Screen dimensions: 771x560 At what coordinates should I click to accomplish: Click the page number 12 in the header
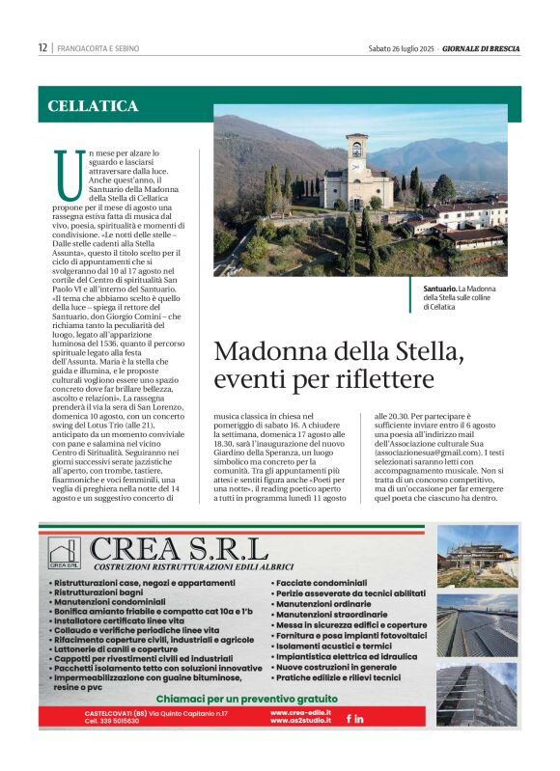42,47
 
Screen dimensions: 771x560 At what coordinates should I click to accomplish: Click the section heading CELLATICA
93,106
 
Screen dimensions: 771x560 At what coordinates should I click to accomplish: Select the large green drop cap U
67,176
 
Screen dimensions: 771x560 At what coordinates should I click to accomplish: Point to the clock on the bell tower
356,150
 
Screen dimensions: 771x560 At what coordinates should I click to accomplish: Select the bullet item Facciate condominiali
322,584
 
